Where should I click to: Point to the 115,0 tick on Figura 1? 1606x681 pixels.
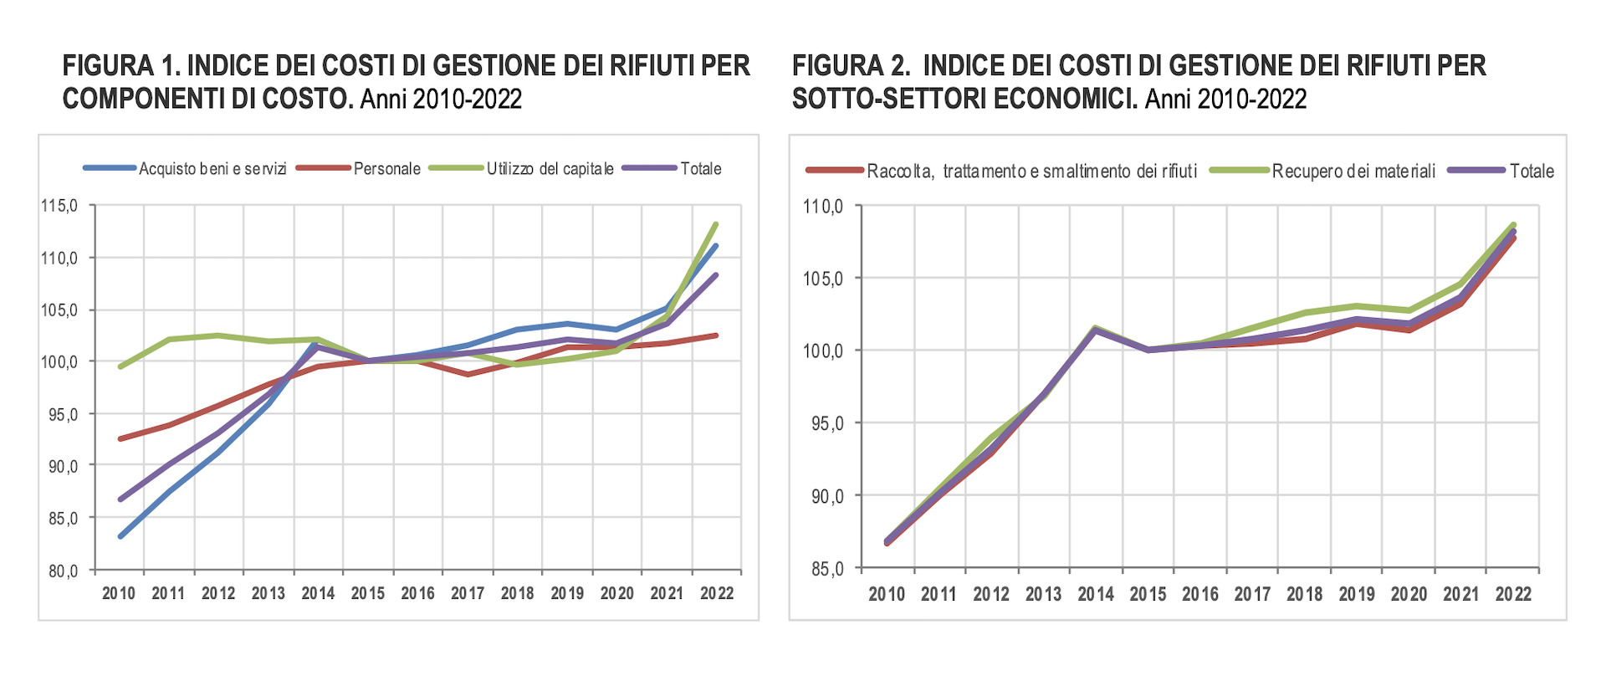[59, 206]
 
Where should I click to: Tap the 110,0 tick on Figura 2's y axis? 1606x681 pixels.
[823, 207]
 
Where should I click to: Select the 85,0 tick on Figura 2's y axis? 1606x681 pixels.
[826, 570]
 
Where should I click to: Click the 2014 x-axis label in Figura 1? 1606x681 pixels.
[318, 594]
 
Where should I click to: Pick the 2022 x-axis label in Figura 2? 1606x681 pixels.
[1513, 595]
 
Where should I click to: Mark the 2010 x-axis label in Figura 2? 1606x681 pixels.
[887, 595]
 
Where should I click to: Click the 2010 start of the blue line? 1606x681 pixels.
[120, 536]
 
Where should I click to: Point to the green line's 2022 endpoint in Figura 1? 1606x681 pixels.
[717, 224]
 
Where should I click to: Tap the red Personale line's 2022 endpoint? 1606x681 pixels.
[717, 335]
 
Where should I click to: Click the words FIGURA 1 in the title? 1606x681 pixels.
[120, 65]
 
